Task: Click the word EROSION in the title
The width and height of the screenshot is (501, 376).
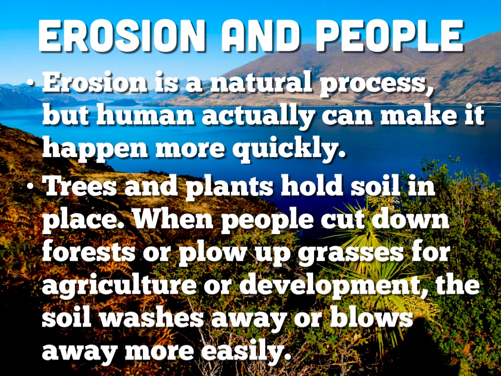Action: (122, 35)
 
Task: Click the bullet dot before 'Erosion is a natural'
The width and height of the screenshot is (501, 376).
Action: (30, 83)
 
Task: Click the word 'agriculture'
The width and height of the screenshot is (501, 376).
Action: (119, 286)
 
